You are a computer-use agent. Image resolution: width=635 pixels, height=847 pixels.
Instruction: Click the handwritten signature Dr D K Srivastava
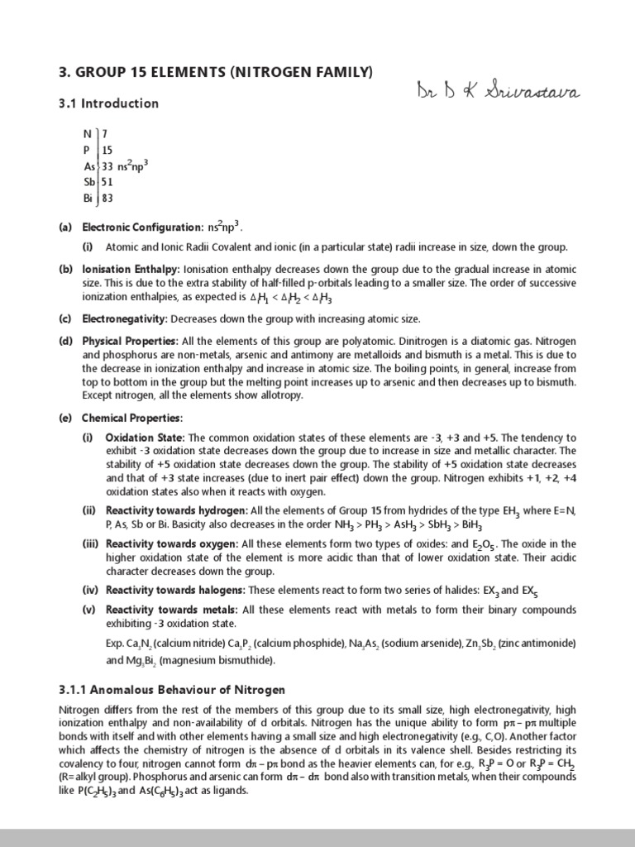click(x=498, y=90)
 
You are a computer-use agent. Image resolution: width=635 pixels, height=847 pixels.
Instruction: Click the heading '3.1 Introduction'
click(x=108, y=103)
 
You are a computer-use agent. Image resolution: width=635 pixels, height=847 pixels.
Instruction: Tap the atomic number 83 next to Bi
click(x=107, y=198)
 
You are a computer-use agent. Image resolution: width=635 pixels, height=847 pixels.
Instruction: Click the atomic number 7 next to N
click(x=104, y=135)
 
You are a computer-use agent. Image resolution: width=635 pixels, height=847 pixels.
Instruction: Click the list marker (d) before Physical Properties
click(x=64, y=342)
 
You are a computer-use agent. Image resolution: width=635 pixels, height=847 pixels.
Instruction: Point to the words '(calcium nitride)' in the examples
click(x=179, y=644)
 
